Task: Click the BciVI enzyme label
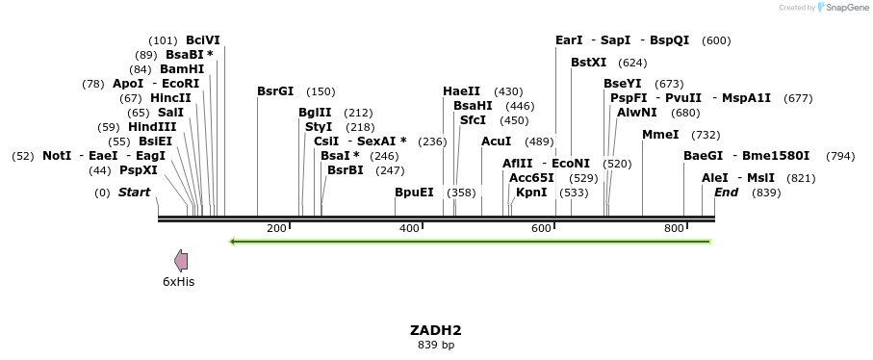(202, 40)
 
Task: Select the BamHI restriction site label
(182, 69)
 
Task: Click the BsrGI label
(275, 91)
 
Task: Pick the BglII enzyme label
(315, 113)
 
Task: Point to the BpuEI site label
(414, 193)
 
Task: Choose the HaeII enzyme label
(461, 91)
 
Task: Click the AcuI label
(497, 141)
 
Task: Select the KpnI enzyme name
(531, 193)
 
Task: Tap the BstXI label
(588, 63)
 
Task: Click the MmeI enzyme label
(660, 135)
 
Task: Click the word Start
(134, 193)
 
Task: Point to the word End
(726, 193)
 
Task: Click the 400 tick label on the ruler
(409, 228)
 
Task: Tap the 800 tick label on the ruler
(674, 228)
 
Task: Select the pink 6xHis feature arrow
(181, 260)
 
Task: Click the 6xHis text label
(178, 282)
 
